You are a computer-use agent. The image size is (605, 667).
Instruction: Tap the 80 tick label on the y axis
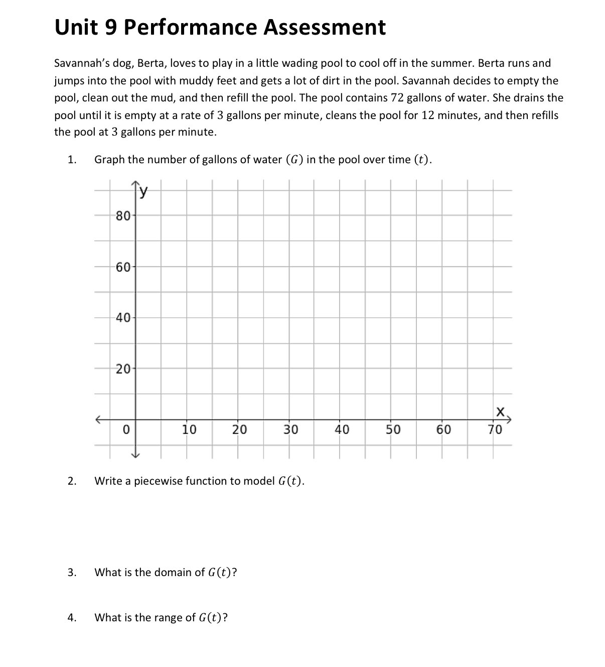(123, 216)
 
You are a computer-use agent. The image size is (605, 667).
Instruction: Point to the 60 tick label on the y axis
(123, 267)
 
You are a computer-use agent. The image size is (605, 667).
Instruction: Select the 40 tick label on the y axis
(123, 317)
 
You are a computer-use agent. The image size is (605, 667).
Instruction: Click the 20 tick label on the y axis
(123, 369)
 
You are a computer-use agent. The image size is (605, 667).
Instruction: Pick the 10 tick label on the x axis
(189, 429)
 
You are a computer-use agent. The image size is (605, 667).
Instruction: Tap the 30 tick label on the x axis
(290, 429)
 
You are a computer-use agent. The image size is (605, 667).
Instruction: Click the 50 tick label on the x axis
(393, 429)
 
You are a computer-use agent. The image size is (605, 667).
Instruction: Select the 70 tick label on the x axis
(495, 429)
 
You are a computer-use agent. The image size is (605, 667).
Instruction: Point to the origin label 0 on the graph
(126, 429)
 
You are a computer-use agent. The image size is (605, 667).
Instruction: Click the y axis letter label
(144, 190)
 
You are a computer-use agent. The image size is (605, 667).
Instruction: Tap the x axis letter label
(500, 412)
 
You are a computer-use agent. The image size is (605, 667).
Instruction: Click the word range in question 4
(183, 618)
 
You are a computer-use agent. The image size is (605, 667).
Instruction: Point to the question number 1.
(72, 160)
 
